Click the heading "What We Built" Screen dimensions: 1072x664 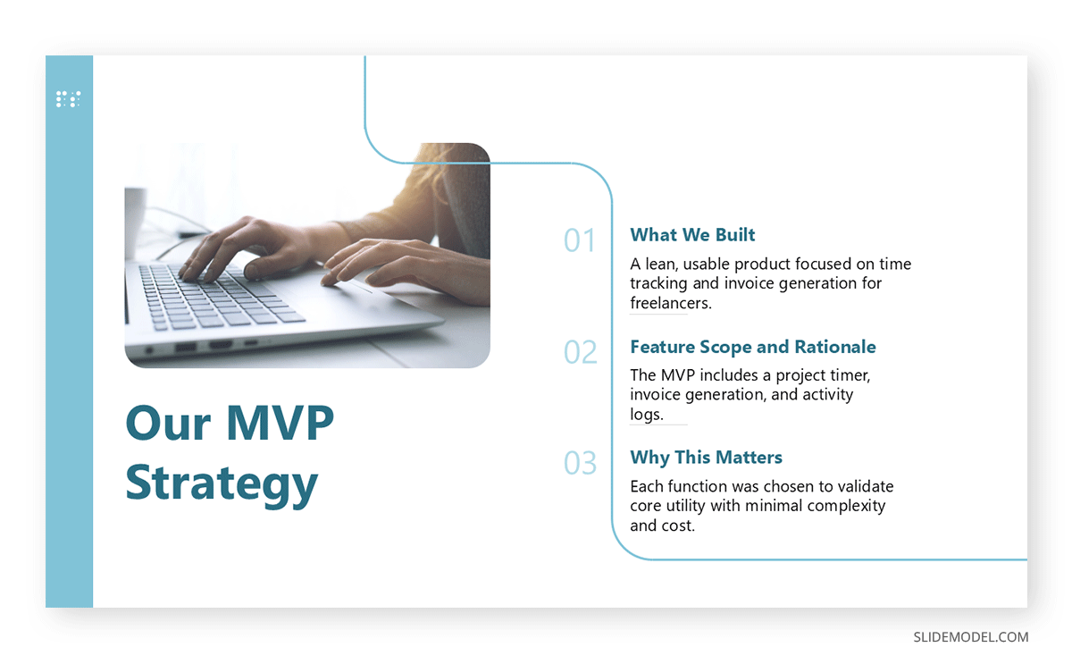pos(692,234)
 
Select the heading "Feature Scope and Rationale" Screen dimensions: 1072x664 pos(753,347)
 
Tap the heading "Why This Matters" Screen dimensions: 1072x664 pos(706,458)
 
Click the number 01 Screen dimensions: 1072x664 pos(580,240)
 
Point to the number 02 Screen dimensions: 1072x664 pos(580,352)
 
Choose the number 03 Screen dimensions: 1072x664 pos(580,463)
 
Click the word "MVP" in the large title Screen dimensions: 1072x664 pos(280,423)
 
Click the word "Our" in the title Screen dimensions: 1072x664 pos(168,424)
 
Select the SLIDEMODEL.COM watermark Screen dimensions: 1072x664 pos(970,637)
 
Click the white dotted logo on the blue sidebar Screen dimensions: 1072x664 pos(69,99)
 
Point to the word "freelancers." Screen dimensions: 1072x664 pos(671,303)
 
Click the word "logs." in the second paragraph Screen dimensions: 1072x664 pos(647,415)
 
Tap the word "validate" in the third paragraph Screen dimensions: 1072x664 pos(866,486)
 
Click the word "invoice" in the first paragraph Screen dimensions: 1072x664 pos(749,283)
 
